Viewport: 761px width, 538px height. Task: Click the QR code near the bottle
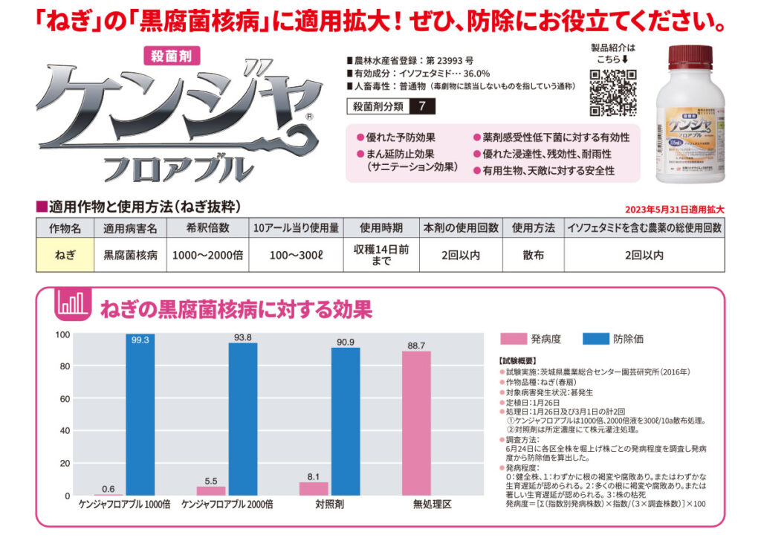coord(613,93)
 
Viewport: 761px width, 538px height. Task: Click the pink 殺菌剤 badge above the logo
coord(170,54)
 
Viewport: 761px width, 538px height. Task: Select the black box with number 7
coord(423,106)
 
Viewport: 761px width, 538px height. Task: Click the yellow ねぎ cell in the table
coord(65,255)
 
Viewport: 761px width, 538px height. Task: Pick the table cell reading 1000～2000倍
coord(207,255)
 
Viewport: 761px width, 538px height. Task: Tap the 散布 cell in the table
coord(533,255)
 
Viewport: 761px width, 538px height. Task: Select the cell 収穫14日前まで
coord(381,255)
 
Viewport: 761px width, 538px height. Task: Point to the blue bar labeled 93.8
coord(243,419)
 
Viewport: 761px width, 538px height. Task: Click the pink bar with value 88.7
coord(416,423)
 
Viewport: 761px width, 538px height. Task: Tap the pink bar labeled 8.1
coord(314,488)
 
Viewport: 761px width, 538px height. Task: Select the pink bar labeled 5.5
coord(211,490)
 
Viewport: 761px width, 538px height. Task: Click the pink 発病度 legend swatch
coord(513,339)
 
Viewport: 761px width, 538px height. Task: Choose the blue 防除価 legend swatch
coord(595,339)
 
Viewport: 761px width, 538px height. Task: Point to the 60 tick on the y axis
coord(65,398)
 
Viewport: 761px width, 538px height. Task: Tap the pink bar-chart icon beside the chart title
coord(72,307)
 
